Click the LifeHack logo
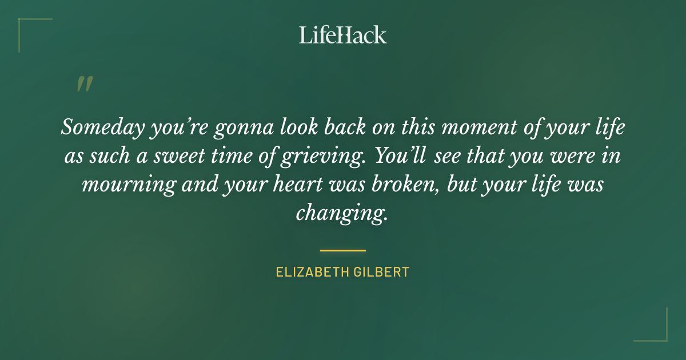[x=342, y=35]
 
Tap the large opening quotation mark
[x=84, y=84]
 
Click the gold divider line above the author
[x=342, y=250]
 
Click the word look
[x=291, y=127]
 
